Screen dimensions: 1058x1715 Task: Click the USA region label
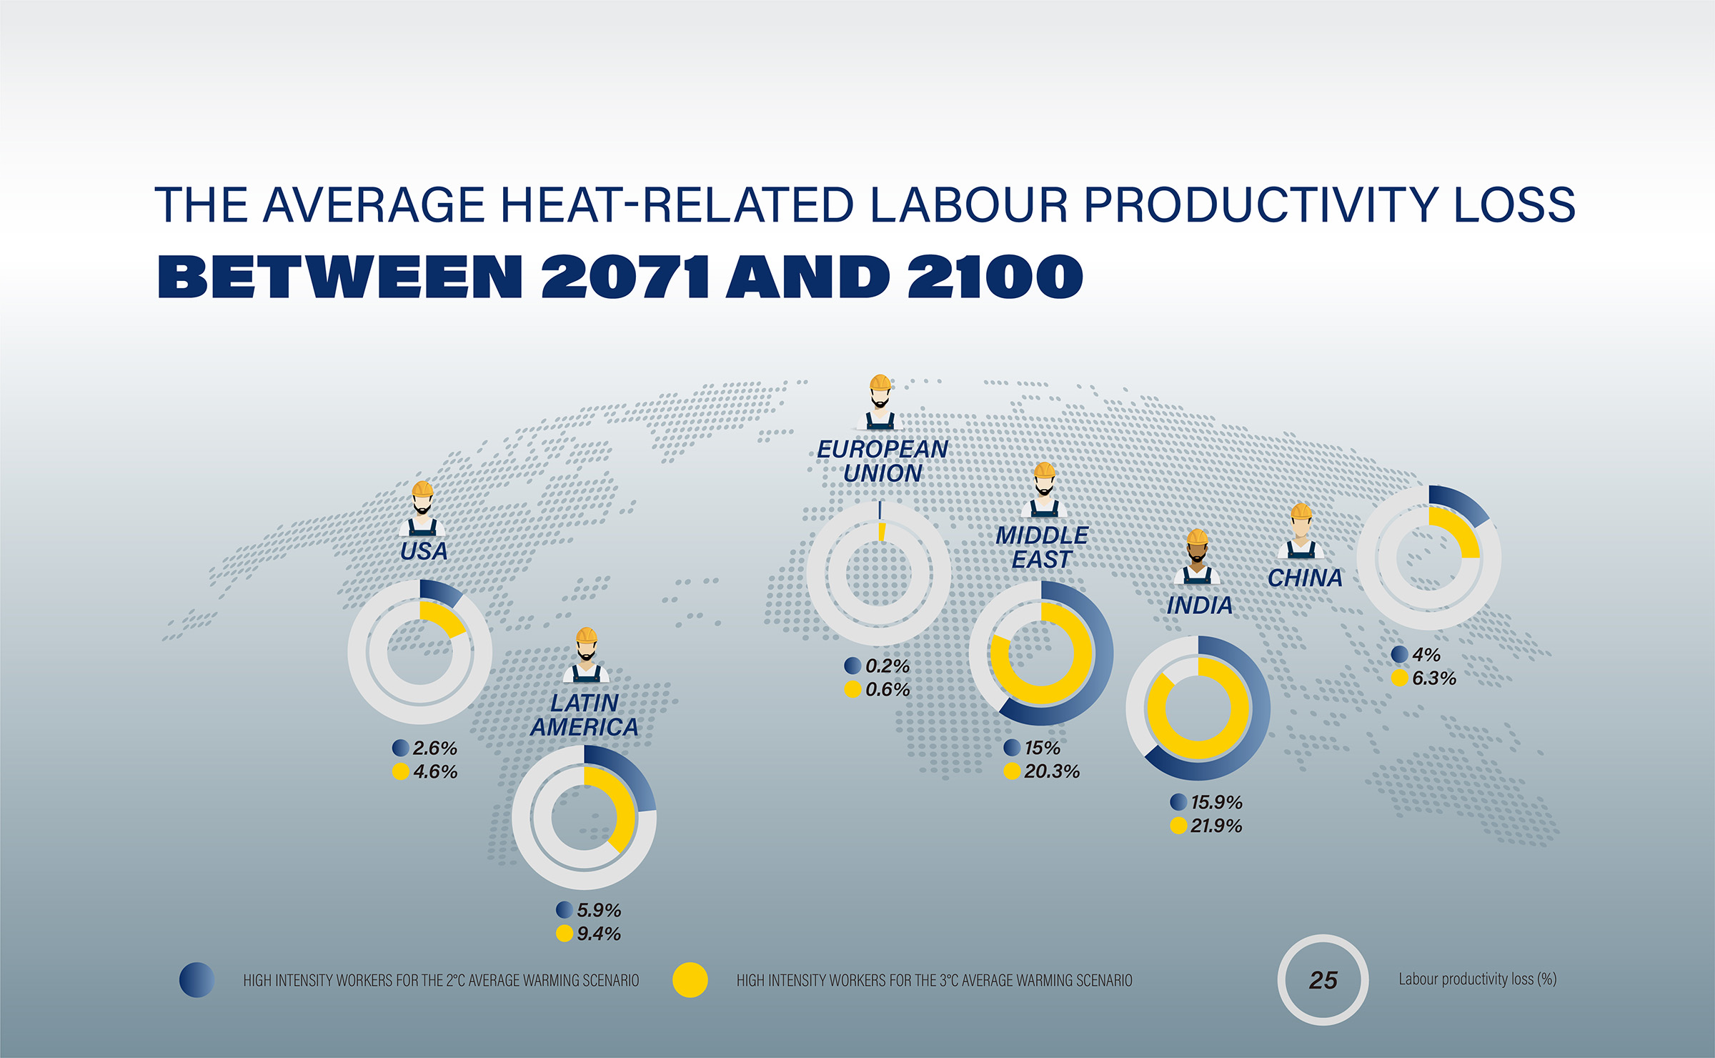pos(424,551)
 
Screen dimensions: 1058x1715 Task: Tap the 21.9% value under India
pos(1216,826)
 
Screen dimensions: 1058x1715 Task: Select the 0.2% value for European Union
pos(888,666)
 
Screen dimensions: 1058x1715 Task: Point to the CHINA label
pos(1305,578)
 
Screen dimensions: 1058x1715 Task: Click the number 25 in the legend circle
pos(1323,980)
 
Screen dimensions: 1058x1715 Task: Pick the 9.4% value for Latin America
pos(599,934)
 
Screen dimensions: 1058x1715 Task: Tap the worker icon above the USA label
pos(422,509)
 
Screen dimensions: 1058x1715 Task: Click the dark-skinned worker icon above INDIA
pos(1197,556)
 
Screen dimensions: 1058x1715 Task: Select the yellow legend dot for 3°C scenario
pos(690,980)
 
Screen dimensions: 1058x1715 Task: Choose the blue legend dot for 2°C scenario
pos(197,980)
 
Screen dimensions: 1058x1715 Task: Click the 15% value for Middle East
pos(1043,748)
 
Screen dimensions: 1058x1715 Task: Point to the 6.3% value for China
pos(1434,678)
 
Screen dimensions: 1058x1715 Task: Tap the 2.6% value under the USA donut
pos(435,748)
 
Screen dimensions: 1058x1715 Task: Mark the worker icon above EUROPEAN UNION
pos(880,402)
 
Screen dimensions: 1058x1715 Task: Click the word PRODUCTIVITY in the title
pos(1261,205)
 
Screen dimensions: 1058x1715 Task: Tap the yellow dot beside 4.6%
pos(401,771)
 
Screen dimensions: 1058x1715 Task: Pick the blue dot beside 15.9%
pos(1179,802)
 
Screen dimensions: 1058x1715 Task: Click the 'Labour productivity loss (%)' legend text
pos(1477,979)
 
